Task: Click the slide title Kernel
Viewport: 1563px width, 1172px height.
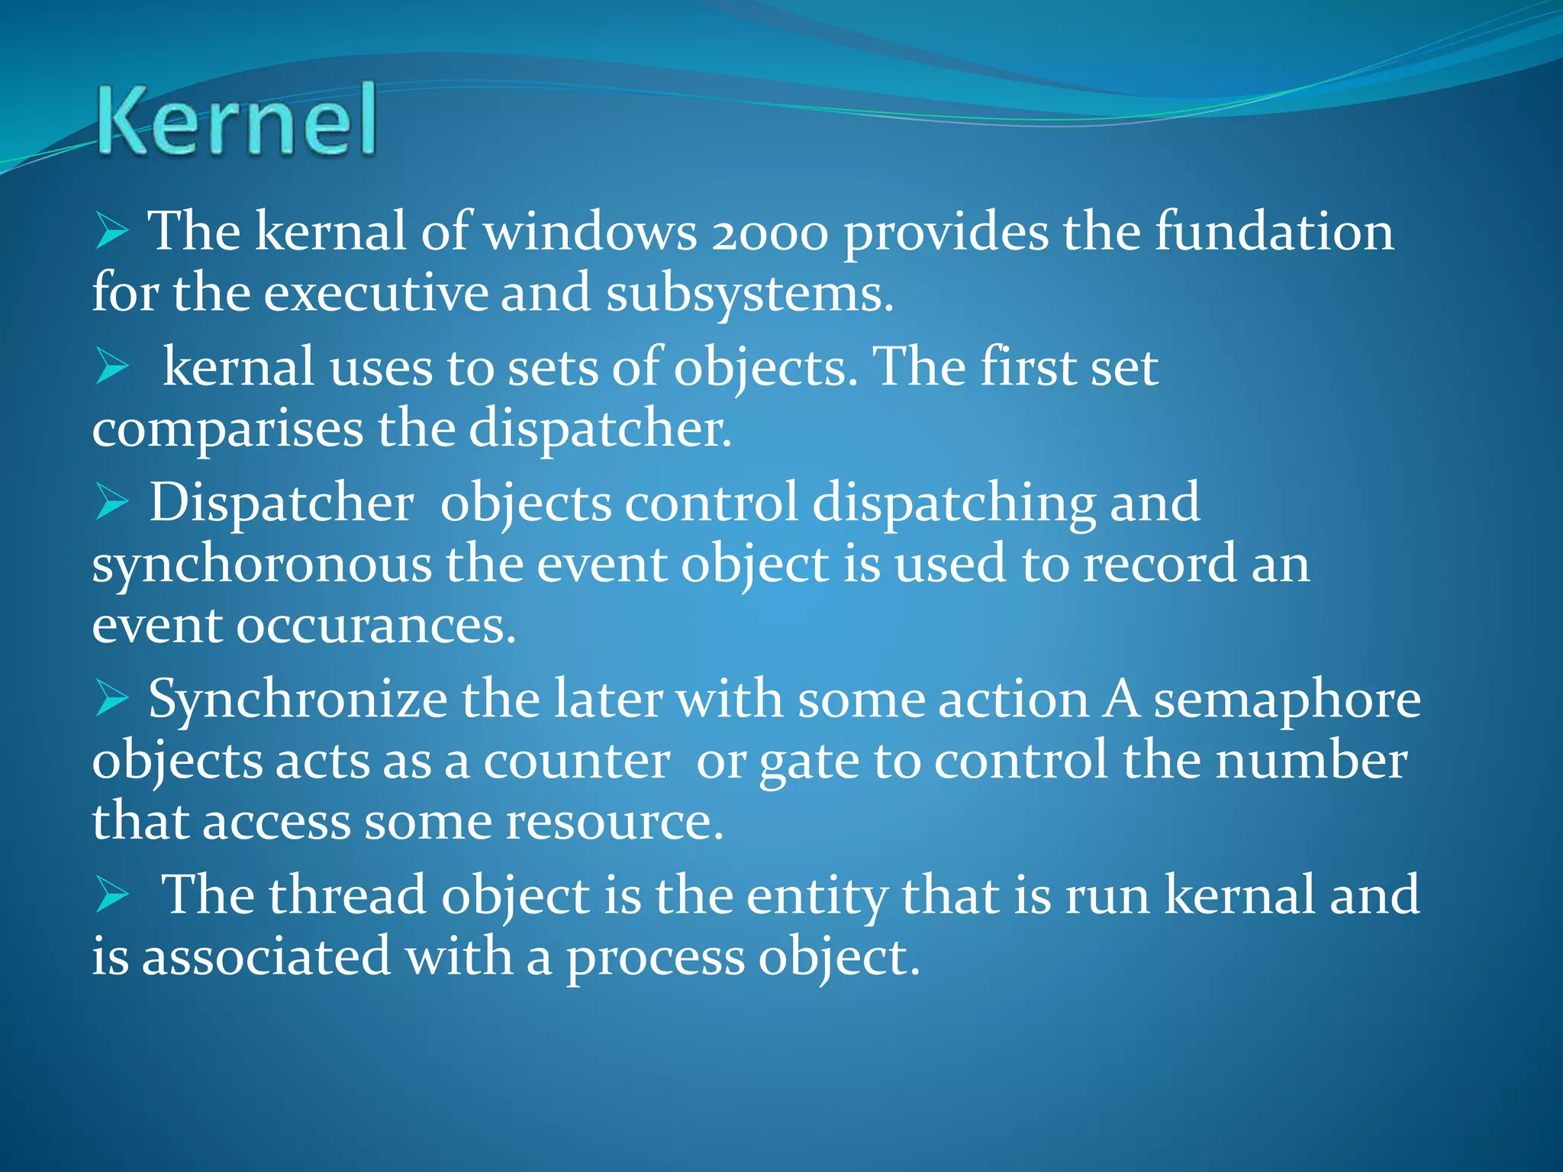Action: (x=237, y=121)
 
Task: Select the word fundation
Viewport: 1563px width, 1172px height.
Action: (x=1274, y=232)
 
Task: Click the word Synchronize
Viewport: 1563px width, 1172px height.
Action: (x=298, y=700)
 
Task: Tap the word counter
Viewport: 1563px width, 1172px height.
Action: (x=576, y=761)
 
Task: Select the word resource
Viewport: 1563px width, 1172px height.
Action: (x=614, y=823)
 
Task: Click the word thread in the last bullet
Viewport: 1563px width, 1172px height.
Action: (x=347, y=896)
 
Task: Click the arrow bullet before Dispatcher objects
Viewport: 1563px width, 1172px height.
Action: (x=111, y=504)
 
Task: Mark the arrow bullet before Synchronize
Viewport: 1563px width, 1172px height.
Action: (x=111, y=700)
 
